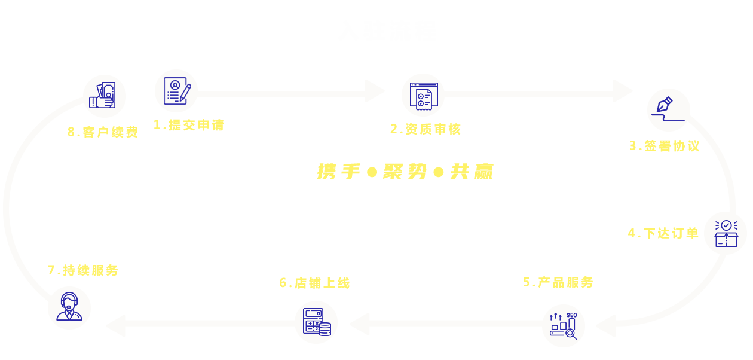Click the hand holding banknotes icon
(102, 95)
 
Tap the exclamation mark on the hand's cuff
(93, 102)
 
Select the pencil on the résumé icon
(185, 93)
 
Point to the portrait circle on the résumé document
(175, 85)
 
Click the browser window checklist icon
(424, 96)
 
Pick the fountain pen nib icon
(664, 105)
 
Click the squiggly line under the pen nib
(668, 118)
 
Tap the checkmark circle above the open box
(726, 225)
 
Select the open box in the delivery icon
(726, 239)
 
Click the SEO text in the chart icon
(571, 315)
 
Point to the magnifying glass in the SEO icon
(571, 334)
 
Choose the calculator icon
(313, 320)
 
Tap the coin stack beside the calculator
(325, 329)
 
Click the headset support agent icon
(69, 306)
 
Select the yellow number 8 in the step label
(71, 132)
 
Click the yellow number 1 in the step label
(157, 124)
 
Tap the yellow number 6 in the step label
(283, 283)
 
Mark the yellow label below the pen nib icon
(665, 146)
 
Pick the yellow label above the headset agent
(82, 270)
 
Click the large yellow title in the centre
(405, 172)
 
